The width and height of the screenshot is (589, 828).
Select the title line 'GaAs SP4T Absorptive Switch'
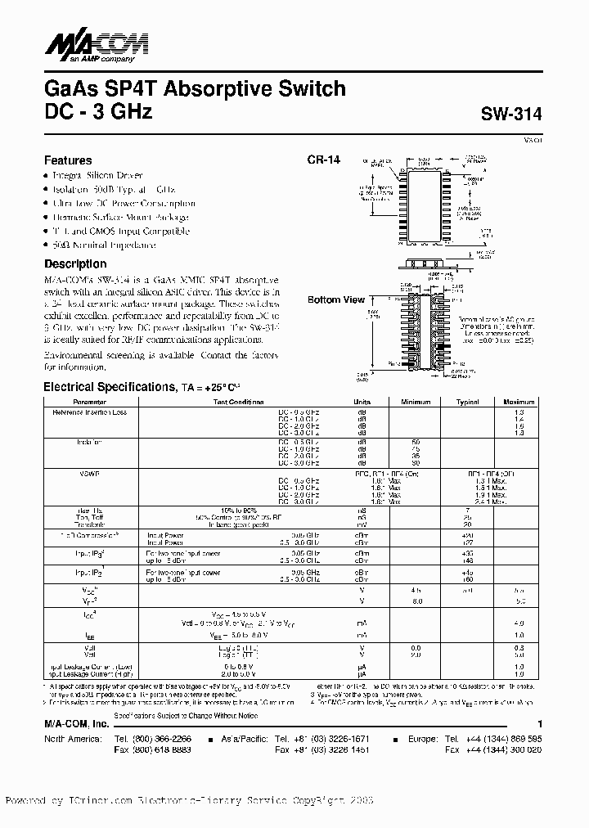coord(195,88)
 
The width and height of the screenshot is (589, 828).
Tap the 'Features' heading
coord(68,160)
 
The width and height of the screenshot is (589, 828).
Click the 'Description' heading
coord(75,264)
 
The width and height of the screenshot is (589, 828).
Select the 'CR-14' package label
coord(323,160)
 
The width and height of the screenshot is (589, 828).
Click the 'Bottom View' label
coord(336,300)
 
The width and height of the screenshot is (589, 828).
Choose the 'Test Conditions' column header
coord(239,403)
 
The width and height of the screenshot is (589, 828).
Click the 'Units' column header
coord(362,403)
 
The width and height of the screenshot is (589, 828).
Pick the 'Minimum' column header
coord(416,403)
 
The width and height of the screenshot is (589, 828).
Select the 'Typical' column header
coord(467,403)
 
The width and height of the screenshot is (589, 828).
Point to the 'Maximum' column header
coord(519,403)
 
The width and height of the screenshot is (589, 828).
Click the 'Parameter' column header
coord(89,403)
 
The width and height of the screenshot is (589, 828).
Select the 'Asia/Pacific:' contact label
coord(243,738)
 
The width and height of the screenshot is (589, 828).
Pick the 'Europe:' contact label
coord(425,738)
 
